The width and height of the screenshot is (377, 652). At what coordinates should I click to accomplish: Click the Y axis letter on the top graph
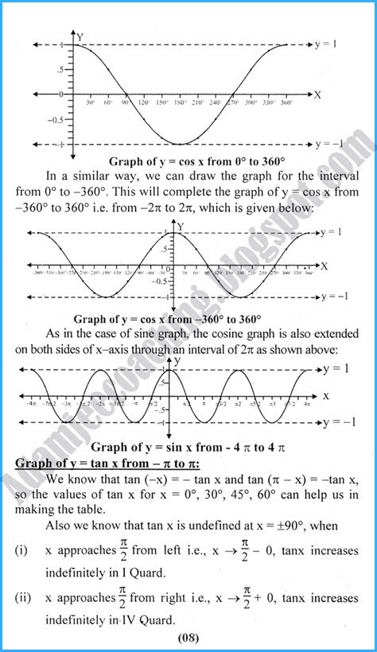(x=80, y=35)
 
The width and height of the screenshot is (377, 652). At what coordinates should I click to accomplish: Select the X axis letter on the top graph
(x=317, y=94)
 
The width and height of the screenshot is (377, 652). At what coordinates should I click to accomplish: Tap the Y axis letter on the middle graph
(x=182, y=227)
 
